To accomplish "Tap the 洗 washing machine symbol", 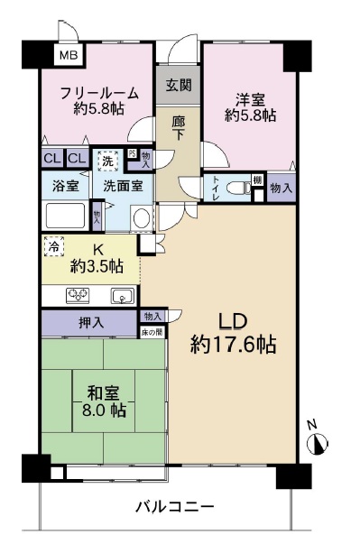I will pos(108,162).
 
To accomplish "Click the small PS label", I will pos(133,154).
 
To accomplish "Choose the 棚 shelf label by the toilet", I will pos(257,180).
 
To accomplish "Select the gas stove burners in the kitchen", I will pos(78,294).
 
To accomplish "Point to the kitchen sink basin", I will pos(122,295).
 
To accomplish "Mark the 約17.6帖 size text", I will pos(233,345).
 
